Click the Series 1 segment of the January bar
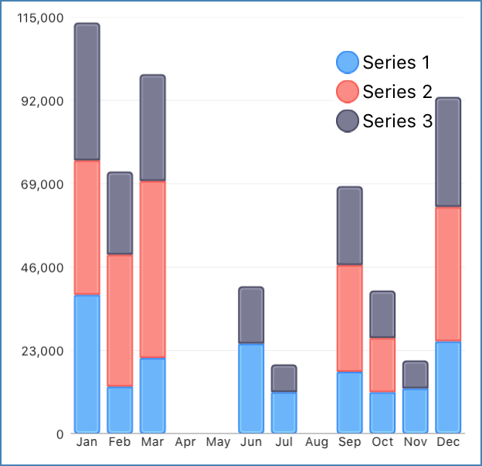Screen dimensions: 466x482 pyautogui.click(x=87, y=363)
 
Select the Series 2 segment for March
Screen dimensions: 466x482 pyautogui.click(x=153, y=268)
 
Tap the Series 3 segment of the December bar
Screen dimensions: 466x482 pyautogui.click(x=448, y=152)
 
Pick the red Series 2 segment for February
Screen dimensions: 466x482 pyautogui.click(x=120, y=319)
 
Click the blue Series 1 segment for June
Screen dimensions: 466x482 pyautogui.click(x=251, y=387)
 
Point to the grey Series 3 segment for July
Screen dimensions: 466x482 pyautogui.click(x=284, y=378)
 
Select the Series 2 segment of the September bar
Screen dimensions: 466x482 pyautogui.click(x=350, y=318)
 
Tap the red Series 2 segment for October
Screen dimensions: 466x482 pyautogui.click(x=382, y=365)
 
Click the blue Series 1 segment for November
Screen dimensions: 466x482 pyautogui.click(x=416, y=410)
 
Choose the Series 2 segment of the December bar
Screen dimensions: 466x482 pyautogui.click(x=448, y=274)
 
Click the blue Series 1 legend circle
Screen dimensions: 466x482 pyautogui.click(x=348, y=62)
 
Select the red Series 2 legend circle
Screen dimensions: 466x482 pyautogui.click(x=348, y=92)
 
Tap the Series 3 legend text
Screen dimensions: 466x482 pyautogui.click(x=397, y=121)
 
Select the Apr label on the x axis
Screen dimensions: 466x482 pyautogui.click(x=185, y=443)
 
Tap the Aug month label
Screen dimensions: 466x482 pyautogui.click(x=317, y=443)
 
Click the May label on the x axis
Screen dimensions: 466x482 pyautogui.click(x=219, y=443)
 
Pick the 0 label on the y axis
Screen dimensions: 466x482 pyautogui.click(x=59, y=434)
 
